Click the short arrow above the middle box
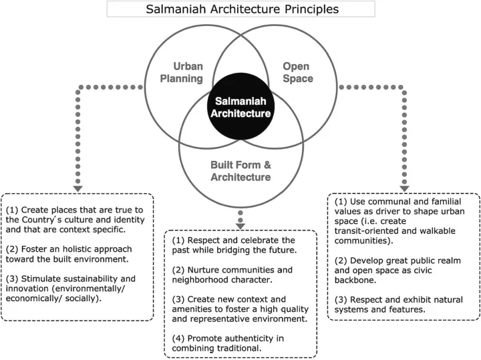[x=240, y=219]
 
